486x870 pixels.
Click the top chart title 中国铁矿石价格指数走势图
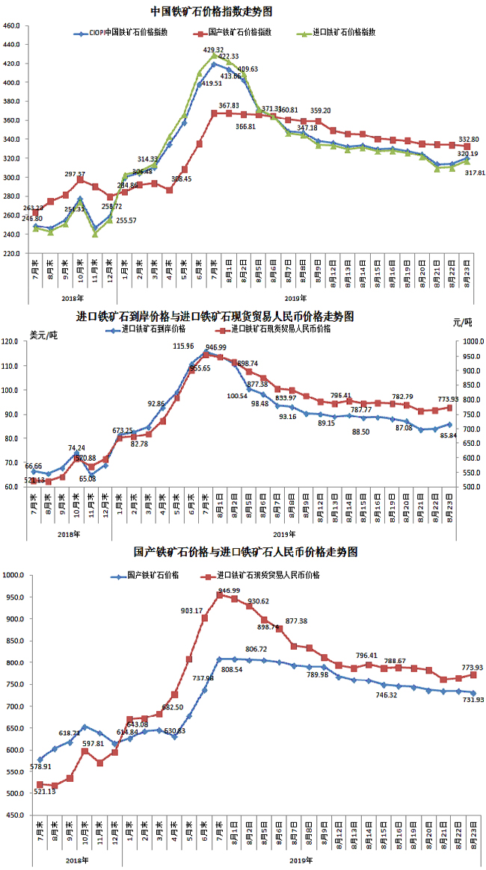211,12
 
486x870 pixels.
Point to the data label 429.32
215,49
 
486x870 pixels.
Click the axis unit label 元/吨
464,323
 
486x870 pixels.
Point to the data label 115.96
184,347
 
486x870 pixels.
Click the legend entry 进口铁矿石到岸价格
153,329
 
